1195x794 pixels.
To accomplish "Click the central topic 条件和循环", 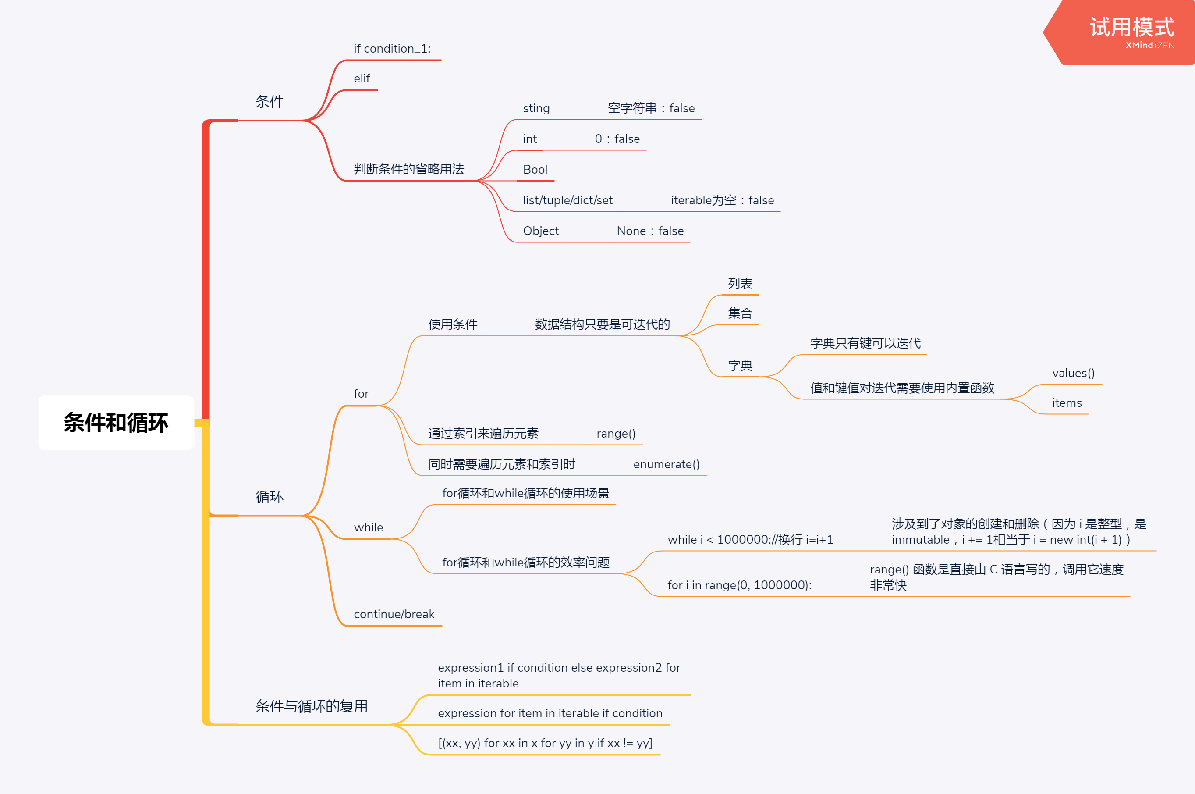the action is pyautogui.click(x=116, y=423).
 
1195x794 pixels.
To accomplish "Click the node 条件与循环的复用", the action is pyautogui.click(x=311, y=706).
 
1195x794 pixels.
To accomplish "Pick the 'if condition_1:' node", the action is pyautogui.click(x=392, y=49).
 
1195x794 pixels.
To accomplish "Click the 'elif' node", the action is pyautogui.click(x=362, y=78).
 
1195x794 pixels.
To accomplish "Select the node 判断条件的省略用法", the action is pyautogui.click(x=408, y=169).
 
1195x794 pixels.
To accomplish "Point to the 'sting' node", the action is pyautogui.click(x=536, y=108).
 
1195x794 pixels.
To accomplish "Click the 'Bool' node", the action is pyautogui.click(x=535, y=170).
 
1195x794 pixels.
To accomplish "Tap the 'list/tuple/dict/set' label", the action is pyautogui.click(x=567, y=200).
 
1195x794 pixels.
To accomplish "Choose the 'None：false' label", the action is pyautogui.click(x=650, y=231).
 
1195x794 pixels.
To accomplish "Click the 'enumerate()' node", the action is pyautogui.click(x=666, y=464).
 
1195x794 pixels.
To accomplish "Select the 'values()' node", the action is pyautogui.click(x=1073, y=373).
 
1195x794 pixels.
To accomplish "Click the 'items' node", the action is pyautogui.click(x=1067, y=403).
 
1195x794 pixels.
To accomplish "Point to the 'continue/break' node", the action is pyautogui.click(x=394, y=614).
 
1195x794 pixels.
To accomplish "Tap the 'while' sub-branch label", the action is pyautogui.click(x=368, y=527).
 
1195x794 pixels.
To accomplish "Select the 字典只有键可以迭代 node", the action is pyautogui.click(x=865, y=343).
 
